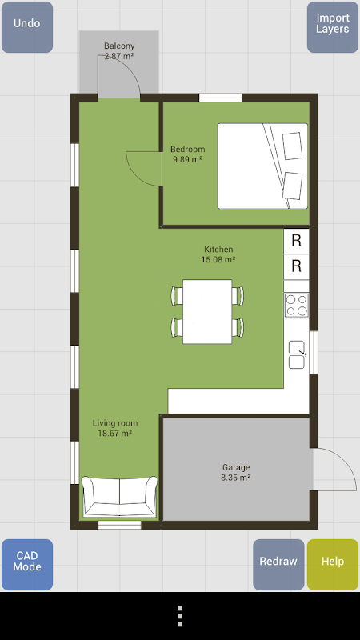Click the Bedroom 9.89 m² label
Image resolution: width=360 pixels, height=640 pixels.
click(x=188, y=154)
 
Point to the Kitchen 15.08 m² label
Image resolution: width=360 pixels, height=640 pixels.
click(x=218, y=254)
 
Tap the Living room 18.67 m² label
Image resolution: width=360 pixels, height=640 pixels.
click(x=114, y=428)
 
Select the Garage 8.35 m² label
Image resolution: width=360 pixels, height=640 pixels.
click(x=236, y=472)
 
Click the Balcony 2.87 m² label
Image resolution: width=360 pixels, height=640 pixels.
click(x=119, y=51)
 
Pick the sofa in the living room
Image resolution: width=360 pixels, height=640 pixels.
click(x=119, y=497)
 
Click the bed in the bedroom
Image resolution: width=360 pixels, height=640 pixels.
click(x=262, y=166)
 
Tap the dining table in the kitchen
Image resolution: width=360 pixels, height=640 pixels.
click(x=207, y=311)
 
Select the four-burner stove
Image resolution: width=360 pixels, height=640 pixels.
click(x=297, y=306)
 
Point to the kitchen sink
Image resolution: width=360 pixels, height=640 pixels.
click(x=297, y=354)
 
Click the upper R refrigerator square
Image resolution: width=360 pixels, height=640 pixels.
click(x=297, y=241)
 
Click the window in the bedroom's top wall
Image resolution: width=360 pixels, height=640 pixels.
click(x=221, y=98)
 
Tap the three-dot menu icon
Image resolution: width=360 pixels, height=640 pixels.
click(x=180, y=616)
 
